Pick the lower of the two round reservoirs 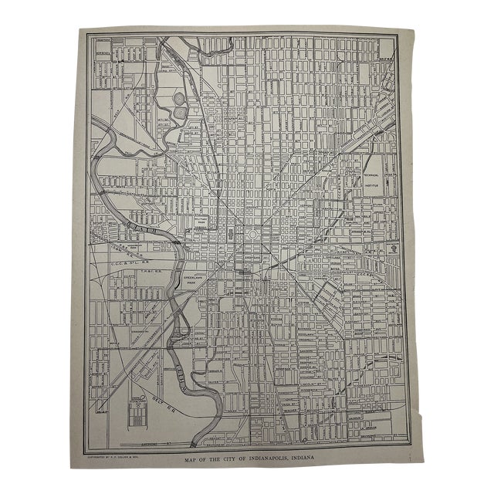[x=180, y=112]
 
